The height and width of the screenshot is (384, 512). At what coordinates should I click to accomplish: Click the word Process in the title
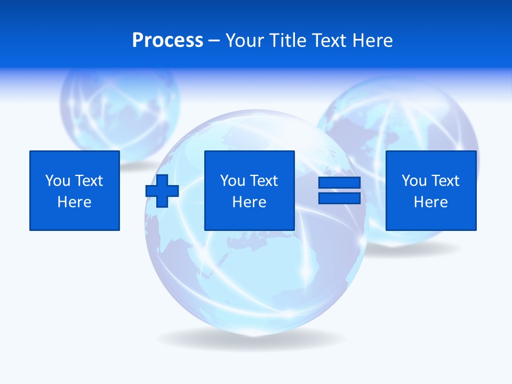(167, 41)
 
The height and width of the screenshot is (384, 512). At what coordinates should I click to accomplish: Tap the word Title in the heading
(287, 41)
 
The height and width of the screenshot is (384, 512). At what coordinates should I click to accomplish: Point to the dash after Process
(214, 41)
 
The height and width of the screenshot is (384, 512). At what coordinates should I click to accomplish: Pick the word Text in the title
(330, 41)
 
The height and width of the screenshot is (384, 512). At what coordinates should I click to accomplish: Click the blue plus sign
(162, 190)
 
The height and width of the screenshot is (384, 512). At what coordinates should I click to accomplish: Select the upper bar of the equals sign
(340, 182)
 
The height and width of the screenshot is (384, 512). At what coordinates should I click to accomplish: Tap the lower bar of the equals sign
(340, 198)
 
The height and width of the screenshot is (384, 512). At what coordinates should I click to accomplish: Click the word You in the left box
(57, 181)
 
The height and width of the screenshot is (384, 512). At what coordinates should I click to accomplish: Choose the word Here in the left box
(75, 202)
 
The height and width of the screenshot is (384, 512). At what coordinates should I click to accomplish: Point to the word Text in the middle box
(264, 181)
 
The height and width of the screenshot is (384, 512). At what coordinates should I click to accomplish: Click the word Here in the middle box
(250, 202)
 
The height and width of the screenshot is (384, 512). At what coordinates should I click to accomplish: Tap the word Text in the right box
(445, 181)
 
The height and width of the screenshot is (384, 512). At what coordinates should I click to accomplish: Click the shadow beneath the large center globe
(251, 339)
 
